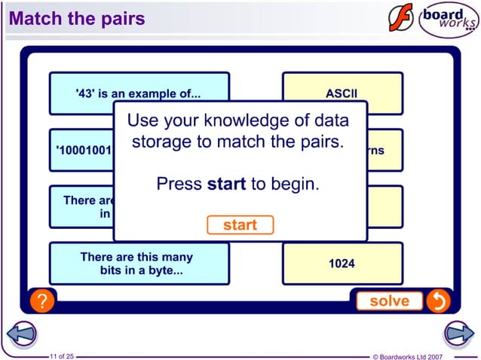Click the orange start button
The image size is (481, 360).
coord(240,224)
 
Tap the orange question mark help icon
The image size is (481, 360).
coord(42,301)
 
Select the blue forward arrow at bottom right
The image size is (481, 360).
coord(458,332)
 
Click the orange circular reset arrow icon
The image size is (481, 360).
coord(437,301)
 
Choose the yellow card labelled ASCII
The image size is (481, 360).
coord(342,93)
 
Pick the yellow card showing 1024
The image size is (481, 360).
coord(342,264)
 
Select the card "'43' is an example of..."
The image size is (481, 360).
coord(139,93)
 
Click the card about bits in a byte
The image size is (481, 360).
coord(139,264)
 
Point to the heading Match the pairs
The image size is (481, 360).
coord(76,18)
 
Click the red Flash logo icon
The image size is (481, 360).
coord(401,18)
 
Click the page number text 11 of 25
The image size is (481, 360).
coord(61,355)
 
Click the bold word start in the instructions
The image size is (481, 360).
coord(226,184)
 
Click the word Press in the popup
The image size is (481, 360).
coord(179,184)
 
